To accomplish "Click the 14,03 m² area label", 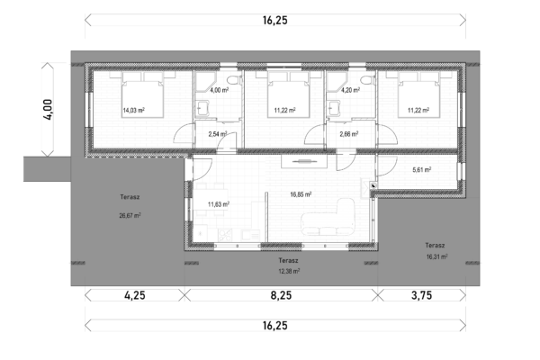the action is coord(133,110).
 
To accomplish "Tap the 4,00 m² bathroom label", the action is coord(220,90).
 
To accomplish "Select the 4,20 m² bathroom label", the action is coord(351,90).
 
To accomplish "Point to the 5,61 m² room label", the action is coord(422,169).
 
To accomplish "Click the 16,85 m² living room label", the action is coord(301,194).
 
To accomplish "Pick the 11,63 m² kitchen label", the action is coord(219,204).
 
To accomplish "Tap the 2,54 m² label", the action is coord(218,134).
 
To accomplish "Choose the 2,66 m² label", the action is coord(349,134).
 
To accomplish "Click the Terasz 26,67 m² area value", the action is coord(130,216).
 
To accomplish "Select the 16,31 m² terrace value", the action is coord(436,256).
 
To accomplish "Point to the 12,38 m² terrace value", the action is coord(289,271).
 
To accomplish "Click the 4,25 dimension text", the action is coord(135,295).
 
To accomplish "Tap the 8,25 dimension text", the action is coord(281,295).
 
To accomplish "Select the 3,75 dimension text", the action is coord(421,295).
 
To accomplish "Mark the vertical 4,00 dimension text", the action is coord(48,110).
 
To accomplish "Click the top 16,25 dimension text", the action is coord(274,20).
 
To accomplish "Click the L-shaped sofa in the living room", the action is coord(328,218).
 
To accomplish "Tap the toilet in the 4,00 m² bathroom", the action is coord(233,79).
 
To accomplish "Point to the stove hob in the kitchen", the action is coord(225,235).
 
